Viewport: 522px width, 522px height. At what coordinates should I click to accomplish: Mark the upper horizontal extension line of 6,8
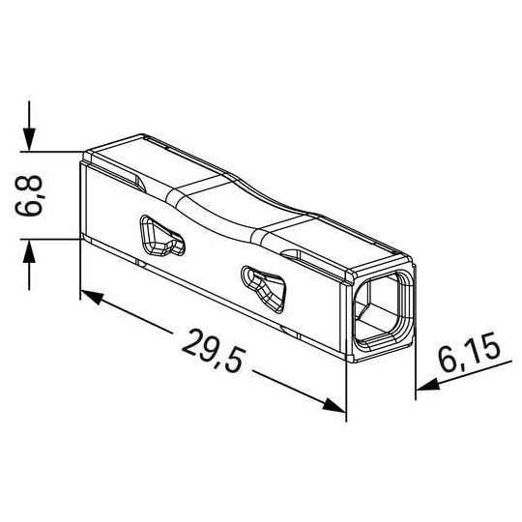click(53, 150)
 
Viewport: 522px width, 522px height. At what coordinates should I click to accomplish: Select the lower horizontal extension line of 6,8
click(53, 239)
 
